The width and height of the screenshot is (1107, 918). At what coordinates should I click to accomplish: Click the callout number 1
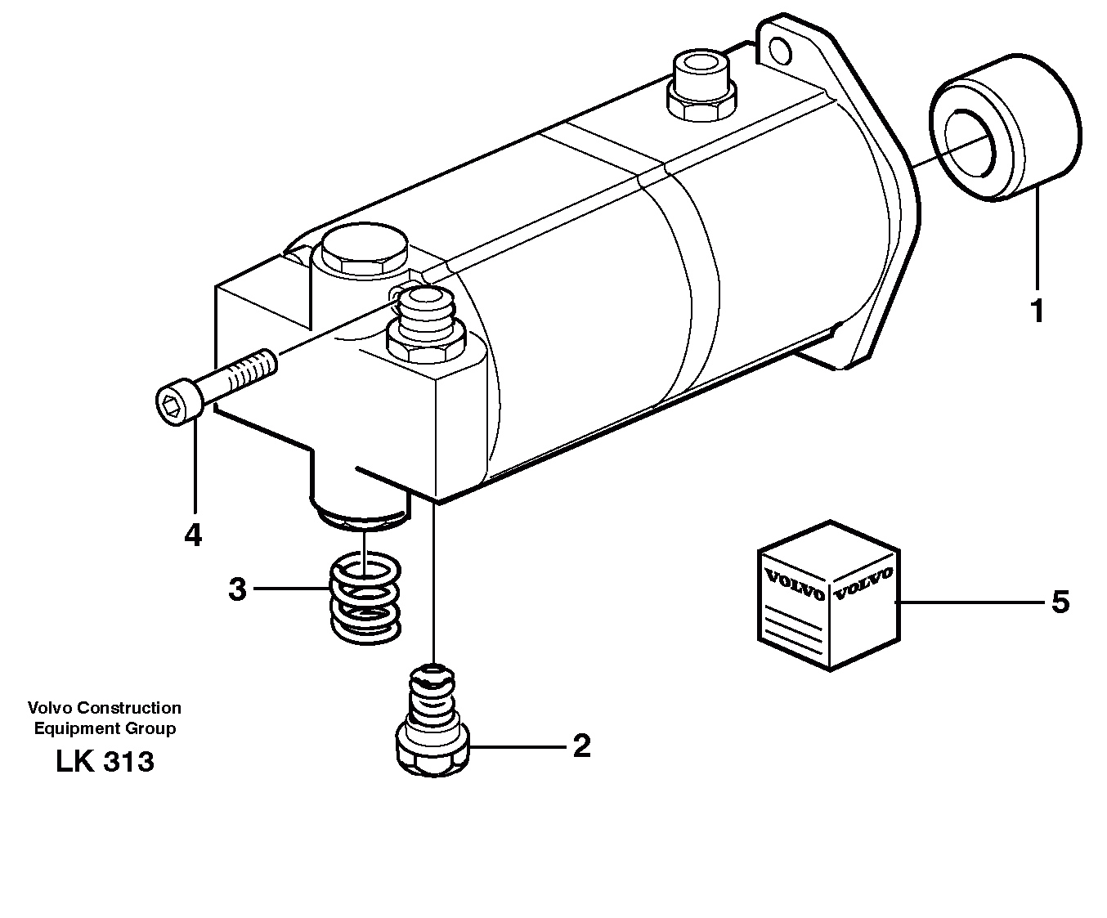point(1037,311)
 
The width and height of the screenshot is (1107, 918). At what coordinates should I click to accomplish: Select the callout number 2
point(581,746)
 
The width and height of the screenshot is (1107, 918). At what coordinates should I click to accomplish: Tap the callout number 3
point(237,589)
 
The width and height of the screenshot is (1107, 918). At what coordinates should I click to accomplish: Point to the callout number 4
point(193,535)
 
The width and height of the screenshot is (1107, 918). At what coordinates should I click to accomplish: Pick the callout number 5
point(1060,602)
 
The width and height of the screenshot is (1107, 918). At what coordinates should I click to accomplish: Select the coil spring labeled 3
point(365,596)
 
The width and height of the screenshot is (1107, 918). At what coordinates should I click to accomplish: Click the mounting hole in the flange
point(780,51)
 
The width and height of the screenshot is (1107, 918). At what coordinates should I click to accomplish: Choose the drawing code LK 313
point(105,762)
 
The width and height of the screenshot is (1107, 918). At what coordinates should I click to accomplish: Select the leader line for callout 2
point(515,746)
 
